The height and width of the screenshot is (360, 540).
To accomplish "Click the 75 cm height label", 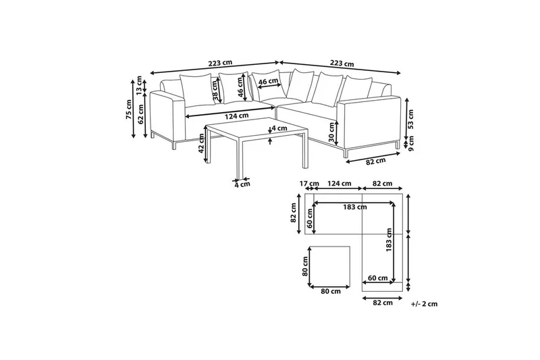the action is pyautogui.click(x=129, y=109).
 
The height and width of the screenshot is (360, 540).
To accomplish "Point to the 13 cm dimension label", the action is pyautogui.click(x=139, y=85).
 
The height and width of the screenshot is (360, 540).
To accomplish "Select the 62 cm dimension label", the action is pyautogui.click(x=140, y=113).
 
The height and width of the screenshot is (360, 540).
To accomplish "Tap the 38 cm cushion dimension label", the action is pyautogui.click(x=216, y=91).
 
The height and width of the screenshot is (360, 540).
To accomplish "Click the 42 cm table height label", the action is pyautogui.click(x=202, y=143).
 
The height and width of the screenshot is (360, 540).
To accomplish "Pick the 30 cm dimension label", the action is pyautogui.click(x=331, y=132).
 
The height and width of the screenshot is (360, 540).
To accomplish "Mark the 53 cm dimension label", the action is pyautogui.click(x=410, y=119).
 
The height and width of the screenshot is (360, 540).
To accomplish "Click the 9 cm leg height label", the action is pyautogui.click(x=412, y=143).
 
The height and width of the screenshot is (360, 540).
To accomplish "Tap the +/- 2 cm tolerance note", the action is pyautogui.click(x=425, y=304).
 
